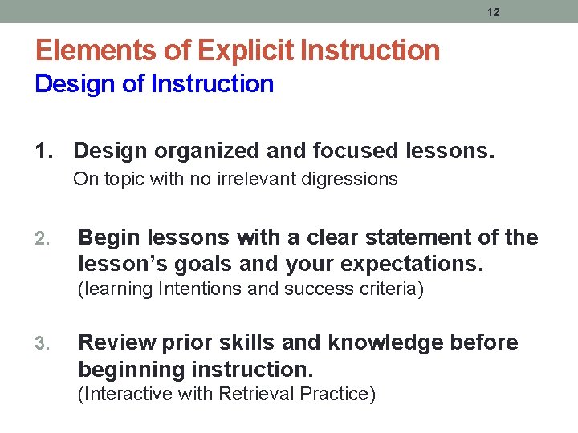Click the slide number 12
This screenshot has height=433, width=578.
coord(494,12)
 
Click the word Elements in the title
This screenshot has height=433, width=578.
coord(88,51)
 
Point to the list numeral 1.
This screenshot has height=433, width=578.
coord(44,150)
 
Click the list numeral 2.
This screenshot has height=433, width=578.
coord(45,238)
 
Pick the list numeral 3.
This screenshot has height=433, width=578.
coord(45,344)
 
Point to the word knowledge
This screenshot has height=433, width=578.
coord(377,343)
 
